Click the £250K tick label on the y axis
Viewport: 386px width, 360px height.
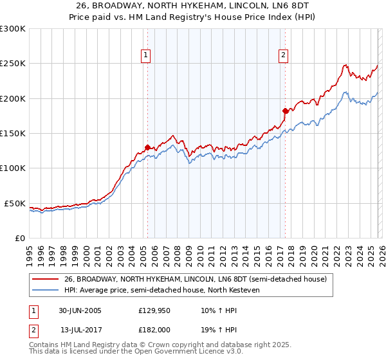tap(13, 64)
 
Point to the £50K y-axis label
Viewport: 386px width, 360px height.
tap(15, 203)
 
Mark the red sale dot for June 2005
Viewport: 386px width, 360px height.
tap(147, 147)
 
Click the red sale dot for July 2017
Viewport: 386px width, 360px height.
tap(284, 111)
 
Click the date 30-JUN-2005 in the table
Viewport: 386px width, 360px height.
tap(80, 310)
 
